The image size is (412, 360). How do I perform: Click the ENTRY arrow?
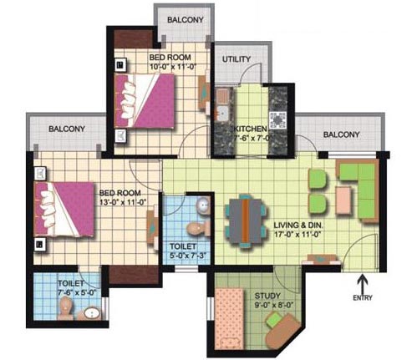click(363, 283)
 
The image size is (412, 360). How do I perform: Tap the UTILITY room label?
click(237, 59)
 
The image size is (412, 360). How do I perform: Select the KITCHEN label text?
click(250, 129)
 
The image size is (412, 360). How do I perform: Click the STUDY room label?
click(267, 296)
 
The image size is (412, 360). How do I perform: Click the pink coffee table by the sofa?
click(343, 200)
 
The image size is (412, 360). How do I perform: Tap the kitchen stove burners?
click(277, 120)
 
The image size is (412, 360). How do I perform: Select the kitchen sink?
click(222, 114)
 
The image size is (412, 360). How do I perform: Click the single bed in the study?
click(230, 318)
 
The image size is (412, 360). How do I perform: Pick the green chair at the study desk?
click(274, 320)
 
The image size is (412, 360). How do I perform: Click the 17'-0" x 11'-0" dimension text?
click(298, 234)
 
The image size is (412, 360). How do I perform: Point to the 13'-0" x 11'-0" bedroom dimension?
click(123, 201)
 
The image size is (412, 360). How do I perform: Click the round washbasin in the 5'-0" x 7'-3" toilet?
click(204, 205)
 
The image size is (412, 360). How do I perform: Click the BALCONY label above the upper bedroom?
click(186, 20)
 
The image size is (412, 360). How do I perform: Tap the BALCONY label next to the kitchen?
click(341, 134)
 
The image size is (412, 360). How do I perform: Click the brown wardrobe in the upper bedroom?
click(134, 38)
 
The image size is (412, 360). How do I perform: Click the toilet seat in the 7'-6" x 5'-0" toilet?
click(65, 307)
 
